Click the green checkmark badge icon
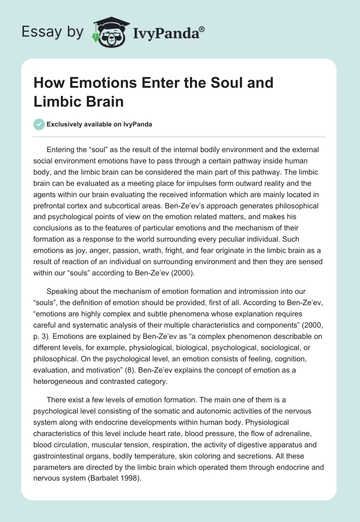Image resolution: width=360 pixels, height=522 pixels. [40, 124]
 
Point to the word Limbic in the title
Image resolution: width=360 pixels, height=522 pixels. [54, 101]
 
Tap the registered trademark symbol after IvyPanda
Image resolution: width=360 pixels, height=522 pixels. [202, 30]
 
